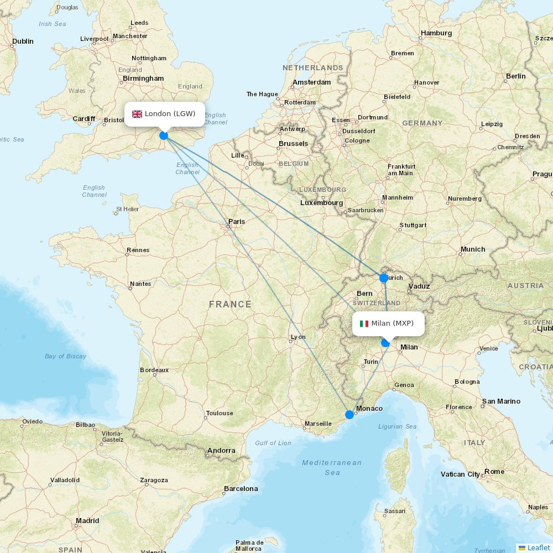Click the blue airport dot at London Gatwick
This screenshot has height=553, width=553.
point(164,135)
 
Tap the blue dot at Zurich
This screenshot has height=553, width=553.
point(384,278)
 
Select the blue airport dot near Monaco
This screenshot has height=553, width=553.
point(349,414)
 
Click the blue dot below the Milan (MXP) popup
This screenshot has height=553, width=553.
point(385,343)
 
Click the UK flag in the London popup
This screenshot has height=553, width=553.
point(137,114)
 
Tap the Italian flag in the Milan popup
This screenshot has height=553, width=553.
point(364,324)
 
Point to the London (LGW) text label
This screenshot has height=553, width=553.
point(170,114)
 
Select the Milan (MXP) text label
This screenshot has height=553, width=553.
point(392,324)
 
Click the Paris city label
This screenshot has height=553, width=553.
point(237,221)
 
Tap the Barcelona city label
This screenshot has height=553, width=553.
point(241,488)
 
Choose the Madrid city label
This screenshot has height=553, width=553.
point(87,520)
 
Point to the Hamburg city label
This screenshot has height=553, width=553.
point(436,33)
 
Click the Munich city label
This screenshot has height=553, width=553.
point(473,249)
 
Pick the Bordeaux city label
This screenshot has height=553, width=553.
point(154,370)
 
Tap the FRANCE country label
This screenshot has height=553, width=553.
point(230,304)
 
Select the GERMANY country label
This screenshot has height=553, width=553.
point(422,123)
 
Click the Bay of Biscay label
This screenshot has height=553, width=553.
point(65,356)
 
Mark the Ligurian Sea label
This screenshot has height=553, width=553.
point(397,426)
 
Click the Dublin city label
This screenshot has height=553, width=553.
point(23,41)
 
